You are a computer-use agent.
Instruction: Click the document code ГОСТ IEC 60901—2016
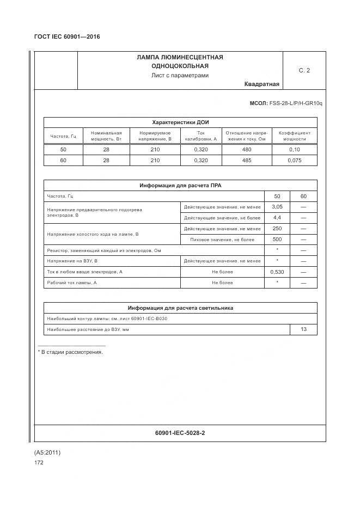67,37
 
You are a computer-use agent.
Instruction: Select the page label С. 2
304,70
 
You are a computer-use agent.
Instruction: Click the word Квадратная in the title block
261,84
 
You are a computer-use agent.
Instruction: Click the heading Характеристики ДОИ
180,122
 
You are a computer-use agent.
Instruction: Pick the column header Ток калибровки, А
200,136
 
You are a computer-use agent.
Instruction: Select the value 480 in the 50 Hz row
246,149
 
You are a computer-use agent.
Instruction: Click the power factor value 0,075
294,161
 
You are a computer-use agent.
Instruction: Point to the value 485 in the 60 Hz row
246,161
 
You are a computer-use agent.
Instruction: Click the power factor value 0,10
294,149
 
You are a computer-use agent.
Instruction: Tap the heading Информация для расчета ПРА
180,186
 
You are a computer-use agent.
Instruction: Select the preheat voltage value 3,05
277,207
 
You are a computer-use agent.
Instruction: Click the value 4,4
277,218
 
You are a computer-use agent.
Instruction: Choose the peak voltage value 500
277,240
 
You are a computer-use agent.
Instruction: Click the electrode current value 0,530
277,272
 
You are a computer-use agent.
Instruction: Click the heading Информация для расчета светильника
180,308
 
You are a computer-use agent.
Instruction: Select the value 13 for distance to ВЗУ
303,329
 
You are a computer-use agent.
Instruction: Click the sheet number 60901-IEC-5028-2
180,433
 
